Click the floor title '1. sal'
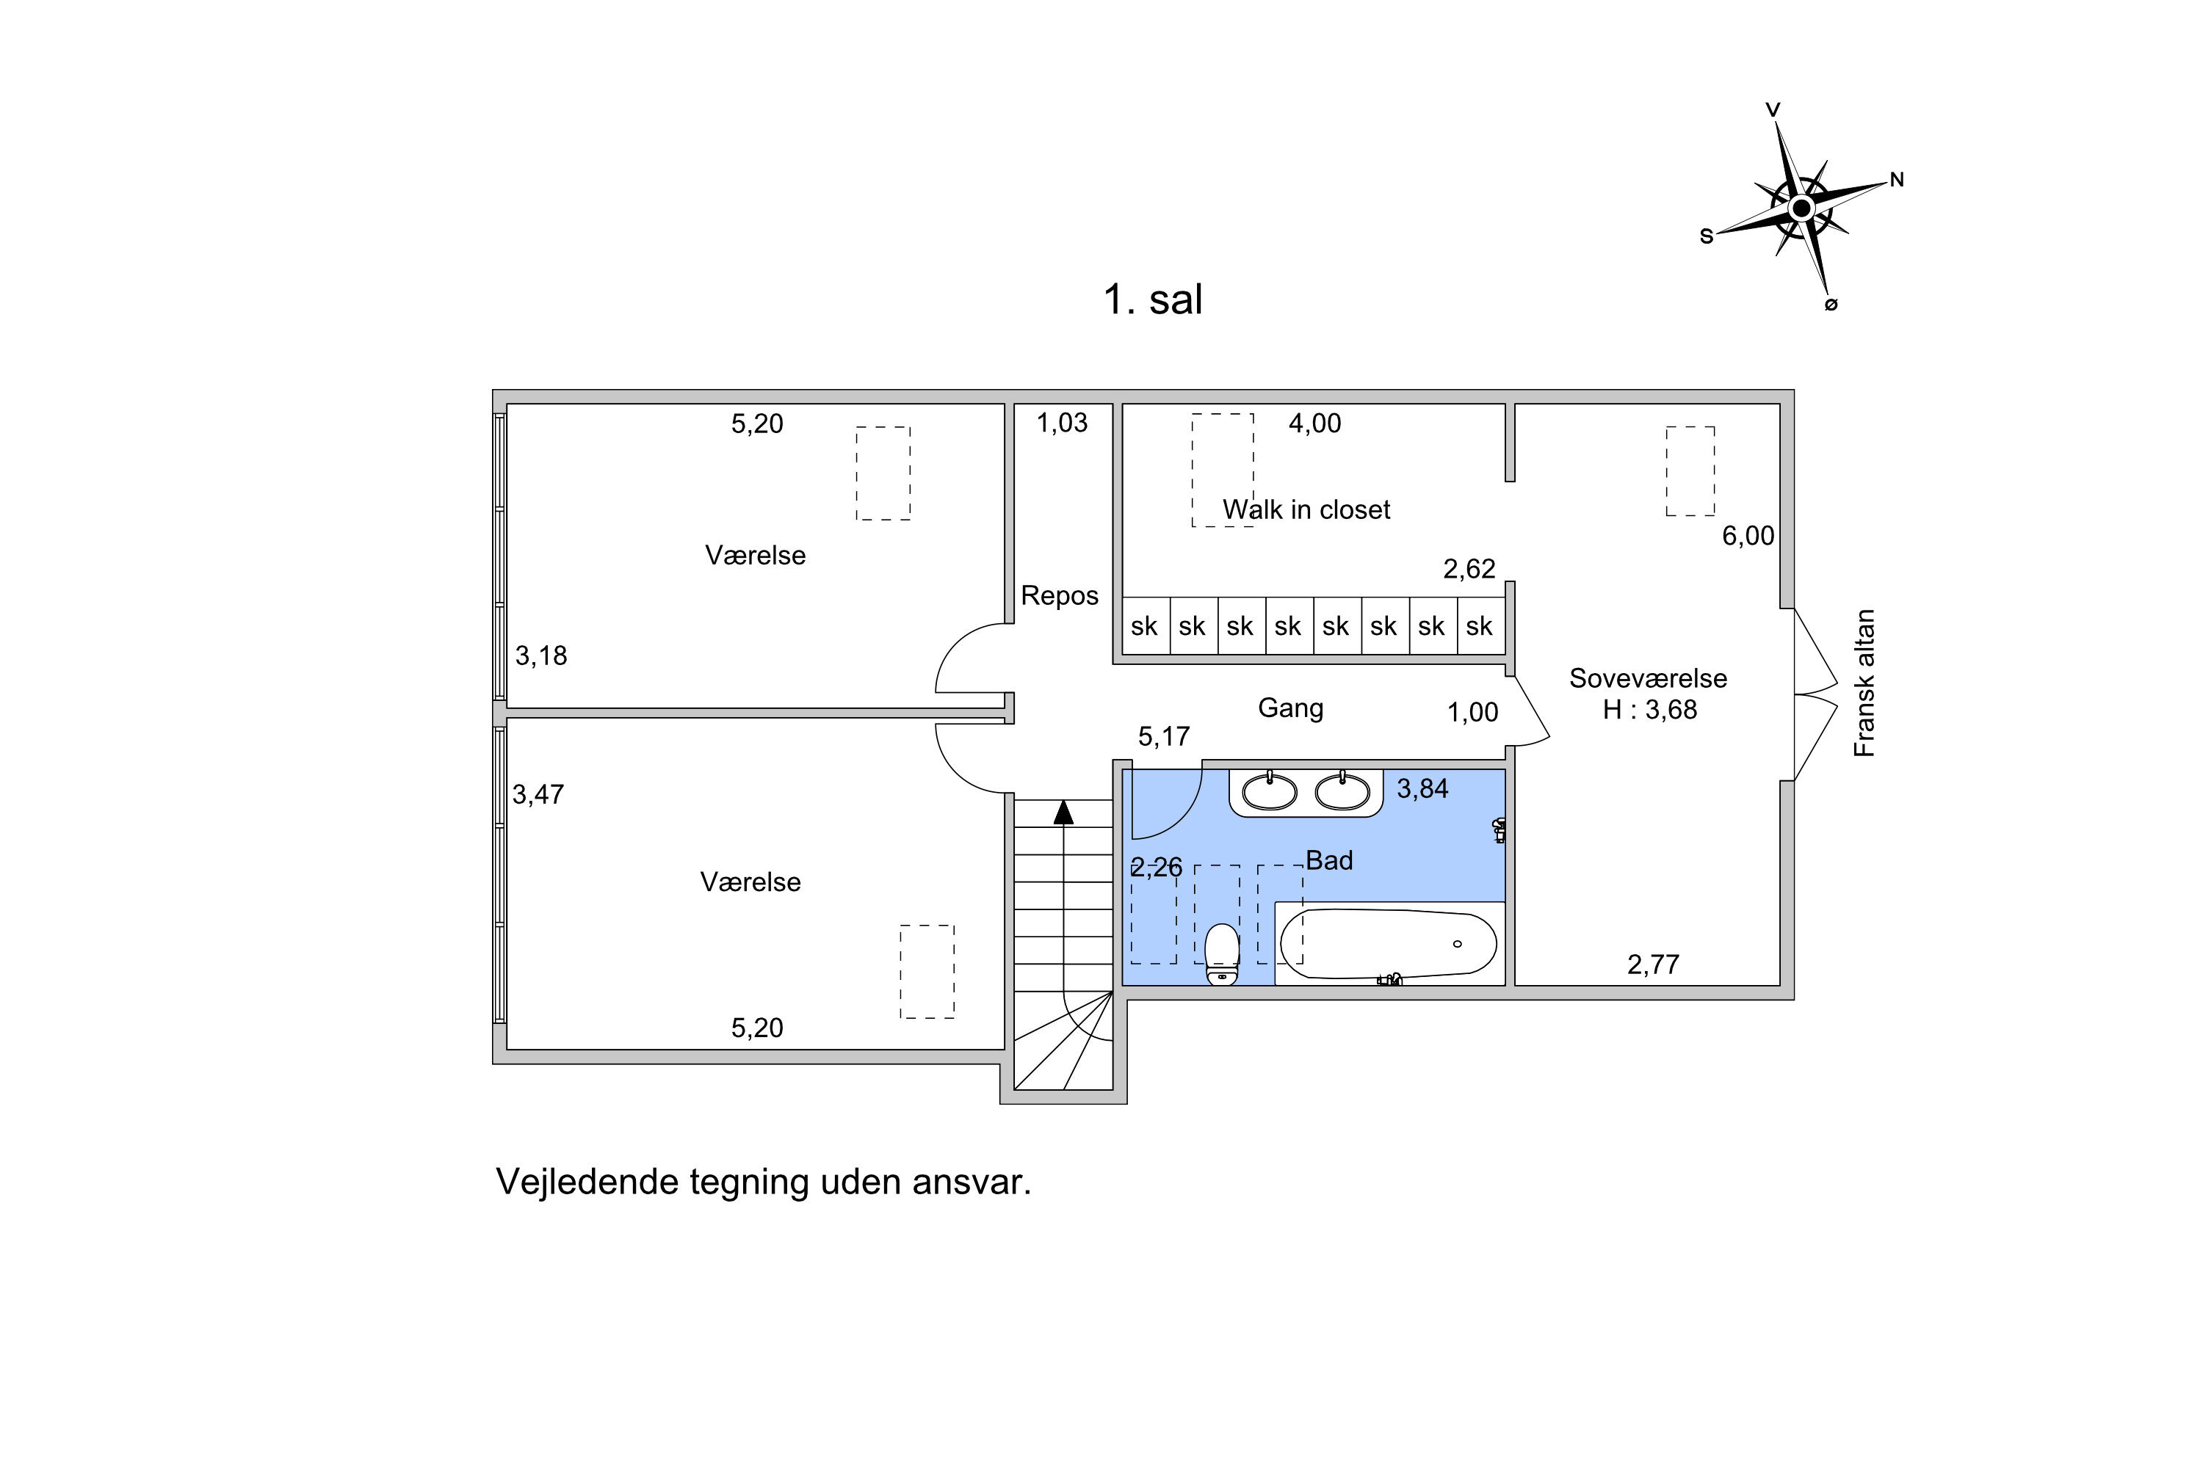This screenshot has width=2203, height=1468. point(1152,299)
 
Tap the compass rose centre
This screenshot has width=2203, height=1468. point(1801,208)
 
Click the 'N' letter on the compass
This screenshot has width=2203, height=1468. point(1897,180)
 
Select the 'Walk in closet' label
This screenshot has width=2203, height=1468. point(1306,509)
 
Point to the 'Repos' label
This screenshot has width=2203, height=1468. point(1060,595)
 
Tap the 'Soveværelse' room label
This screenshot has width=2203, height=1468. point(1649,677)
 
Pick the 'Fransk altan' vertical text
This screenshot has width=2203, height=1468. point(1865,683)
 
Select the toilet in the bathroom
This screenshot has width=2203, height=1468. point(1221,954)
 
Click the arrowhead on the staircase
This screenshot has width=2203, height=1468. point(1063,812)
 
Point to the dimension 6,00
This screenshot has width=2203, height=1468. point(1748,536)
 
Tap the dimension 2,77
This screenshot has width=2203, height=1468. point(1653,964)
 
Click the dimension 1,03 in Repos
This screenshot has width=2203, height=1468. point(1062,424)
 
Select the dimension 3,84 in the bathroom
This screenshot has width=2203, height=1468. point(1423,789)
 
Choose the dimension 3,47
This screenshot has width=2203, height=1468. point(538,795)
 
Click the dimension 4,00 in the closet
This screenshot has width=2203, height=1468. point(1315,424)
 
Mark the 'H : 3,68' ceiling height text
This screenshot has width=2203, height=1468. point(1649,710)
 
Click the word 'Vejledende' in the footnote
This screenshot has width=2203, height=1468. point(589,1182)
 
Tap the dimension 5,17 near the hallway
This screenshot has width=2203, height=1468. point(1164,737)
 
